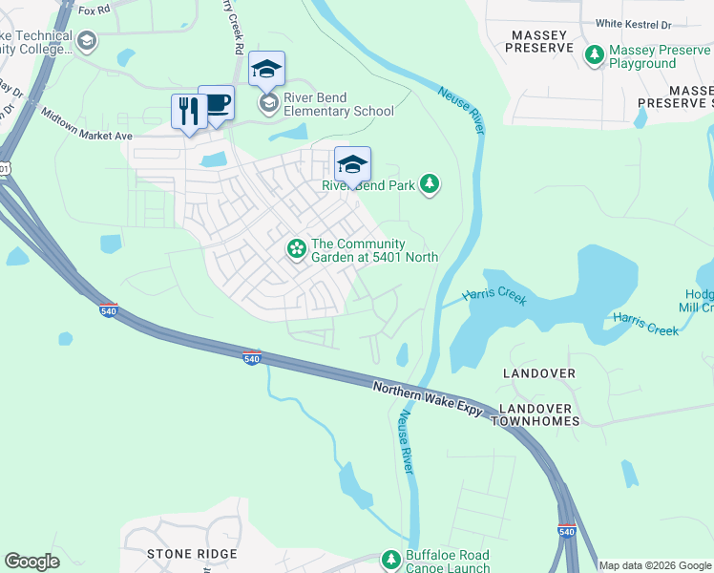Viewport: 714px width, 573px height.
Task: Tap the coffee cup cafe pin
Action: (217, 103)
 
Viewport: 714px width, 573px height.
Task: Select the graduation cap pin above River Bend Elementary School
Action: (267, 70)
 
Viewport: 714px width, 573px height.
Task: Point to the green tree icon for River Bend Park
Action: (430, 183)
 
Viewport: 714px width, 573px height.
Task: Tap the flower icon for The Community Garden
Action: (297, 249)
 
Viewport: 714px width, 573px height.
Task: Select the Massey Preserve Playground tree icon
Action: (594, 56)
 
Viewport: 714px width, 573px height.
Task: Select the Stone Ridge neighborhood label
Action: (187, 554)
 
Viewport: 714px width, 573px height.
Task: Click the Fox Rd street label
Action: (94, 11)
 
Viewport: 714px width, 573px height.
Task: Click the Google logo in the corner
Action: (31, 562)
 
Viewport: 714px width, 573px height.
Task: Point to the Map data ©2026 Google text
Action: (655, 565)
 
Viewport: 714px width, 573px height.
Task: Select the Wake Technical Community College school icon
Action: (87, 41)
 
